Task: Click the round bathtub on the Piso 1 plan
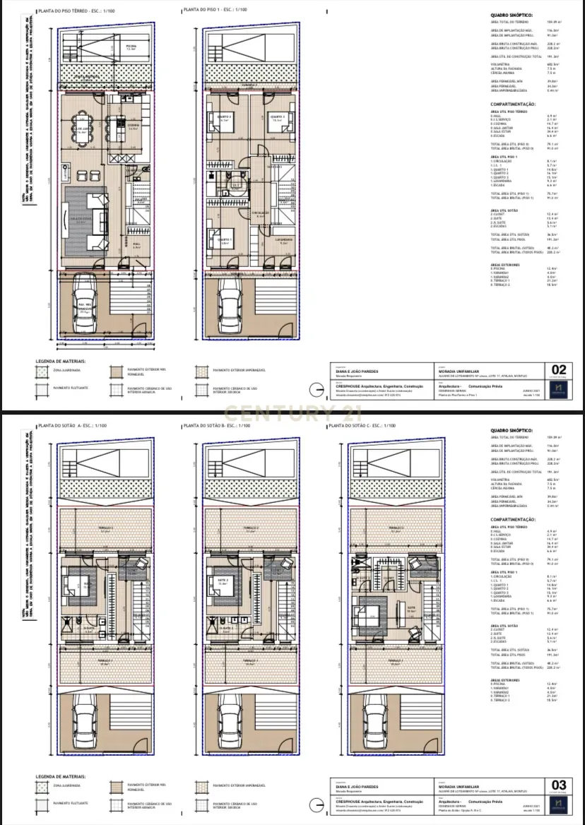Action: click(x=237, y=186)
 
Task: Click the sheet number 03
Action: click(x=558, y=785)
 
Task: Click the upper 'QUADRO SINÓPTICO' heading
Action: click(x=512, y=15)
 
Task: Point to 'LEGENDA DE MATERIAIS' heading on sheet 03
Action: click(x=60, y=777)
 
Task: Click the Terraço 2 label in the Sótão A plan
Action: click(x=105, y=528)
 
